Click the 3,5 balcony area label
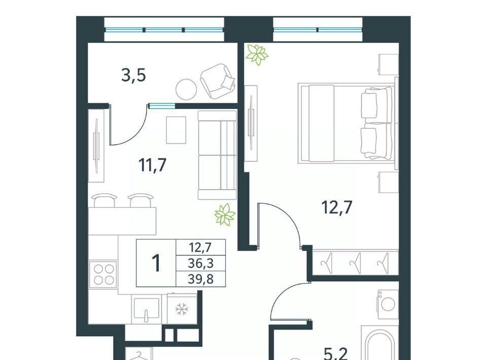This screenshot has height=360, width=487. [x=133, y=76]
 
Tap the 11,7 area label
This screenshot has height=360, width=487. [x=153, y=165]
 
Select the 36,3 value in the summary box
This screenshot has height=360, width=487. [x=201, y=264]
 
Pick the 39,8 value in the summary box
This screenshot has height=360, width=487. [x=201, y=279]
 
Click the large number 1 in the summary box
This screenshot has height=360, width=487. [x=156, y=263]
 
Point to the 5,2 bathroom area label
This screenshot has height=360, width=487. [x=335, y=354]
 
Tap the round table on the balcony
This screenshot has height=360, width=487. [x=186, y=89]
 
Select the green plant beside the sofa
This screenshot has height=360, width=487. [x=225, y=214]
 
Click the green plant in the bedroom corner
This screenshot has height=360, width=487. [x=257, y=55]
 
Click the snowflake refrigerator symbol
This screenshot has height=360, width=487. [x=182, y=309]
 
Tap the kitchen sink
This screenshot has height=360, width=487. [x=146, y=309]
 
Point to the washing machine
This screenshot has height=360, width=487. [x=388, y=304]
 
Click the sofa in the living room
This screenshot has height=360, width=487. [x=218, y=155]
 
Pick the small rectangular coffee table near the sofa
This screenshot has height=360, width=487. [x=176, y=130]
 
